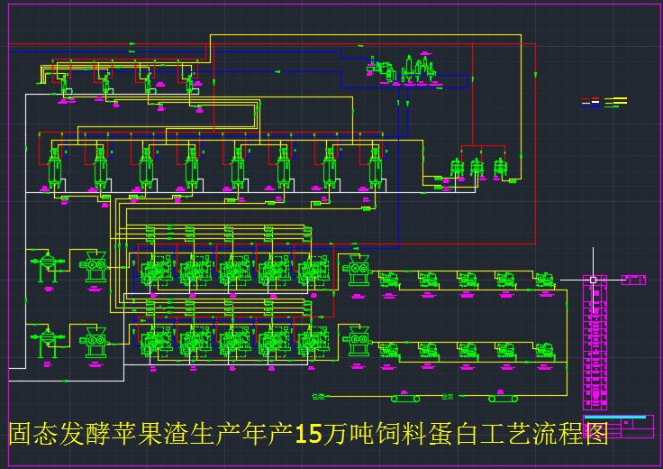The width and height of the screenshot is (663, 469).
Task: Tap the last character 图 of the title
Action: [595, 434]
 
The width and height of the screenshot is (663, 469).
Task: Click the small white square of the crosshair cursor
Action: [593, 280]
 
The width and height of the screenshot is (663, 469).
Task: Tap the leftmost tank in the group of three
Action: [457, 170]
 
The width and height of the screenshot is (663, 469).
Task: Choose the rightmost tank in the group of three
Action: [500, 170]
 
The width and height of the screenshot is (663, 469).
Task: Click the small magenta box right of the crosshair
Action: [633, 280]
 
